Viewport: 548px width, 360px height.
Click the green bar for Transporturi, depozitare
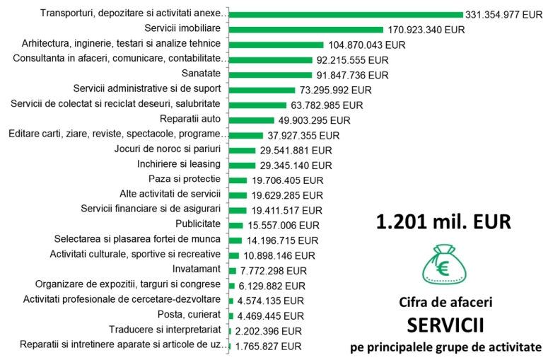click(x=346, y=13)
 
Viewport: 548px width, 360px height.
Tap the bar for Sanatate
click(x=271, y=74)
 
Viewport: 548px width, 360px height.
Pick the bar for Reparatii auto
click(x=252, y=120)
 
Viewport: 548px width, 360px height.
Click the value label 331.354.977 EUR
click(x=504, y=14)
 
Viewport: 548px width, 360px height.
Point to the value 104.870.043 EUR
click(x=368, y=45)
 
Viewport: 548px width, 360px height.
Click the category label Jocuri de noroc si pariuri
click(x=168, y=149)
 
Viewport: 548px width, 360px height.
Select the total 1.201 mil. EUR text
click(x=442, y=221)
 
